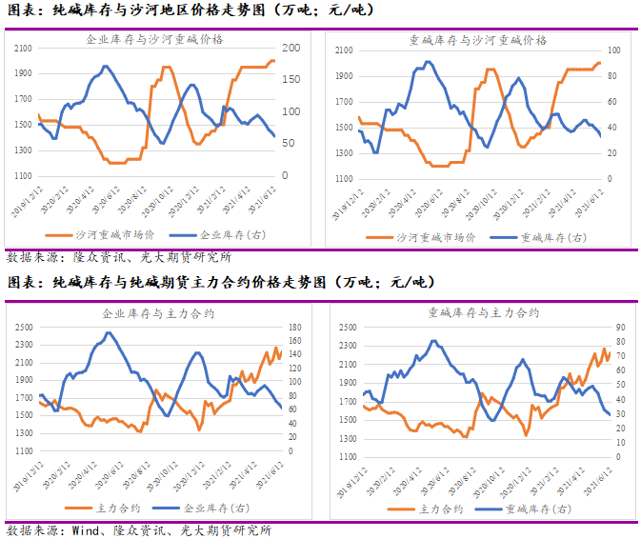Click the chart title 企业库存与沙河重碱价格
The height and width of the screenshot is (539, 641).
point(155,40)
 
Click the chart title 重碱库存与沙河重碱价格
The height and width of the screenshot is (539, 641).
point(478,40)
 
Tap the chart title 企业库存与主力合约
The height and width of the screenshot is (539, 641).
point(155,312)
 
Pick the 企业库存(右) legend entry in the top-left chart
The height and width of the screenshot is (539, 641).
point(212,235)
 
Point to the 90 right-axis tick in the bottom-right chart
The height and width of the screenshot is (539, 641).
point(620,327)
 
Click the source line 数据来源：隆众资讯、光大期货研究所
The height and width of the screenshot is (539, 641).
point(118,257)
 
